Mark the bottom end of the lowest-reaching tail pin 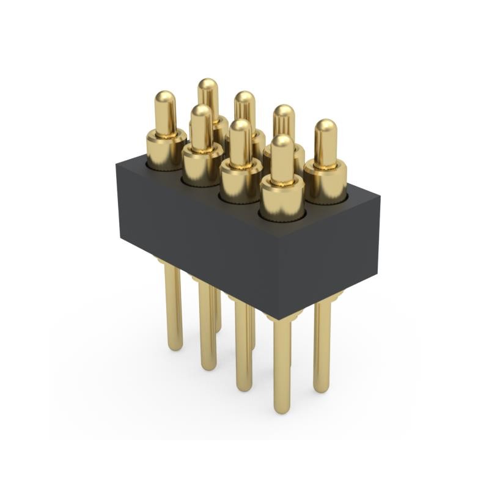(282, 408)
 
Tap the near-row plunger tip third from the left (241, 127)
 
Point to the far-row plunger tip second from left (244, 100)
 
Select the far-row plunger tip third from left (284, 113)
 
